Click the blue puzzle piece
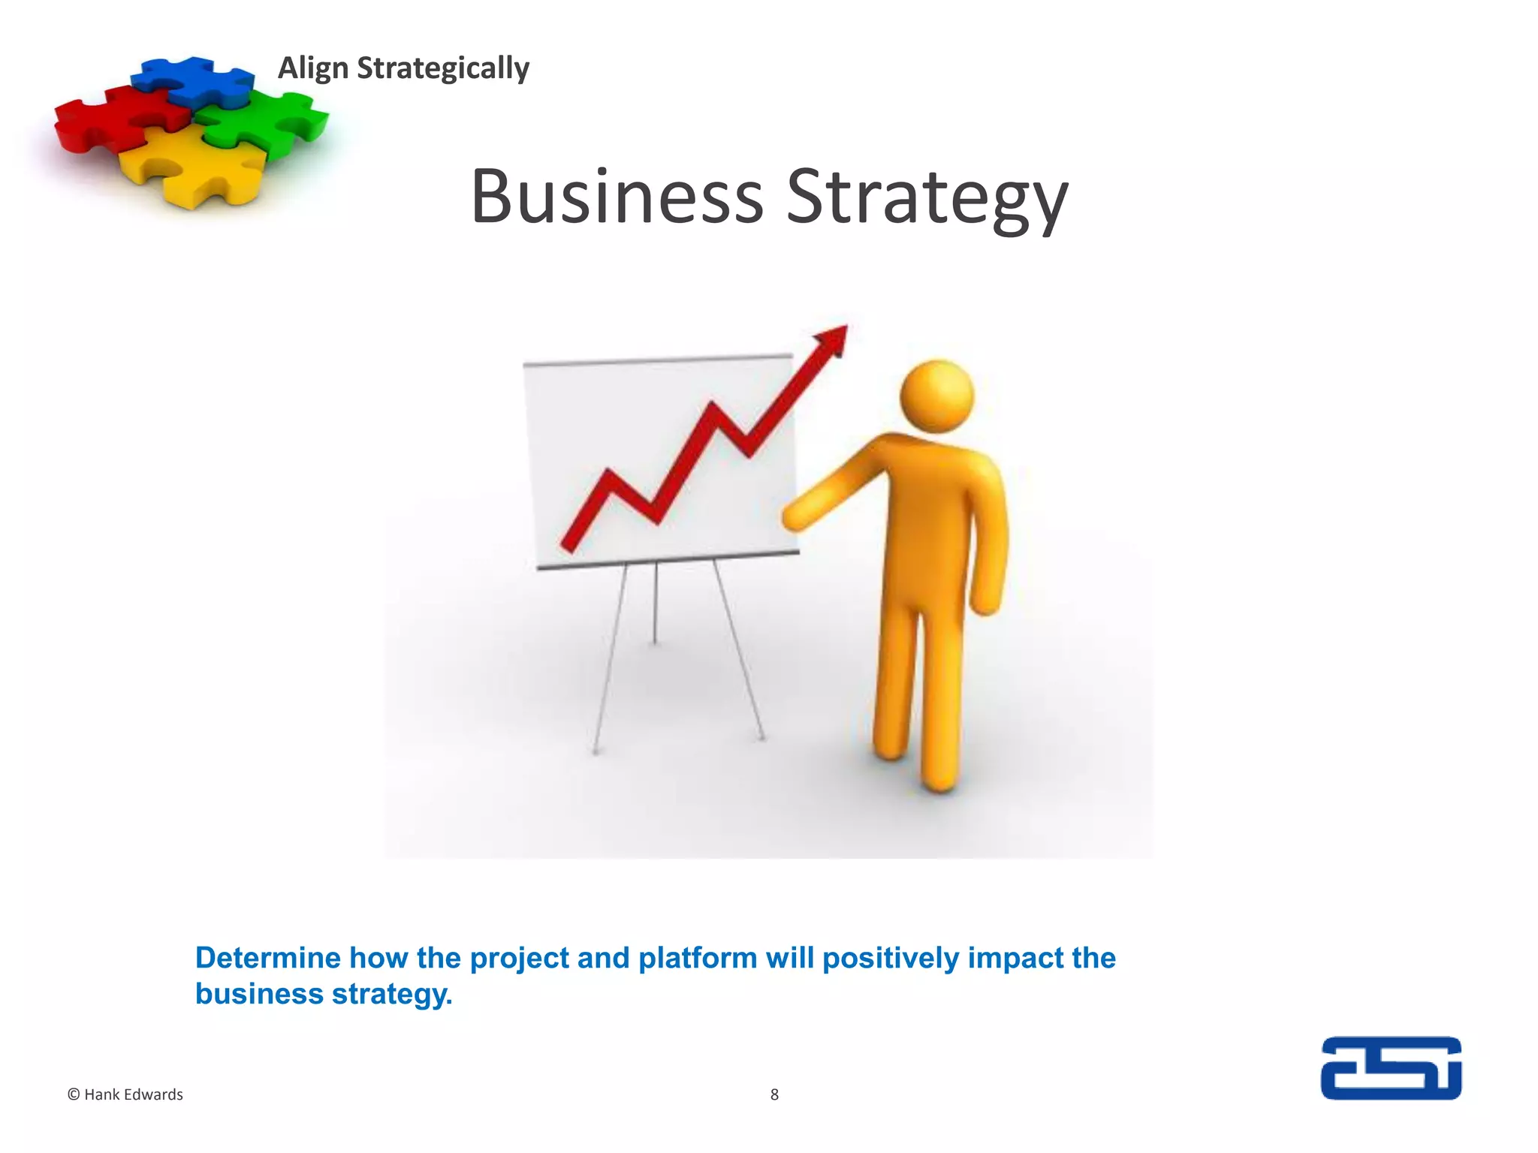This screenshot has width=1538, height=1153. point(191,80)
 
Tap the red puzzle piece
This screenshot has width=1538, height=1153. point(113,120)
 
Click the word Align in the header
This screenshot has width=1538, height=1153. point(313,68)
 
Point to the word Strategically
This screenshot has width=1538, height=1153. point(443,68)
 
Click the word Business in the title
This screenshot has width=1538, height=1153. point(617,197)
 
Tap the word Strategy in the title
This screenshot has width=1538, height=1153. point(927,197)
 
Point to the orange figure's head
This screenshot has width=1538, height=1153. point(936,396)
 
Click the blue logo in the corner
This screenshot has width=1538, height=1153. point(1391,1068)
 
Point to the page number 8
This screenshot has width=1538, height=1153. point(774,1095)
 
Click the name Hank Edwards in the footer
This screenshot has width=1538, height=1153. point(134,1095)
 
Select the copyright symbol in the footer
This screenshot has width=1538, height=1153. point(74,1095)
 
